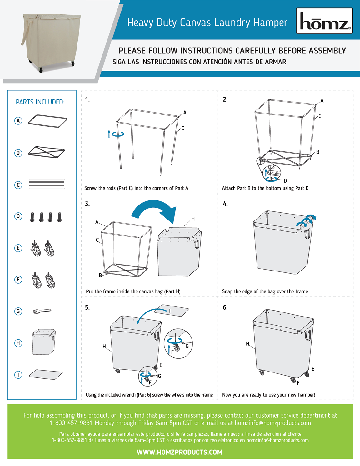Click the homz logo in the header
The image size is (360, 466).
324,21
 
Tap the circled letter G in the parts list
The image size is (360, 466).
18,311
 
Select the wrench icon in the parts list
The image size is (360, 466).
42,311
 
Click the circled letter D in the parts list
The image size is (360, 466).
18,216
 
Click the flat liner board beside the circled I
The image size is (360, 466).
46,374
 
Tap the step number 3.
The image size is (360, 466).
87,204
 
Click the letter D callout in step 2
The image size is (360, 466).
285,180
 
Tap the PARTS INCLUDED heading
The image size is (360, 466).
40,102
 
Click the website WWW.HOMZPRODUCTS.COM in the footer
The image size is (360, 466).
180,452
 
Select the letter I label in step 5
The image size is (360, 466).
170,311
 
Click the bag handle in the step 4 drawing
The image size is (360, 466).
307,234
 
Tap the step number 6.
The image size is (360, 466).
225,307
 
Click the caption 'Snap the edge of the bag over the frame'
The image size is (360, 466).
265,291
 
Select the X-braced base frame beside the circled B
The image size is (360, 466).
46,152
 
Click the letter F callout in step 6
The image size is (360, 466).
298,383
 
